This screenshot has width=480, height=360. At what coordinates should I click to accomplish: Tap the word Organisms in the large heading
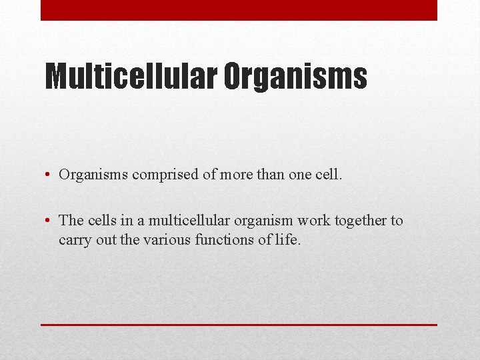295,77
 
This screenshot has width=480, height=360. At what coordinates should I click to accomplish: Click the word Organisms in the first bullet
93,175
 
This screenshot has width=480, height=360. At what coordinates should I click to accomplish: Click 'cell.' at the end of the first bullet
329,175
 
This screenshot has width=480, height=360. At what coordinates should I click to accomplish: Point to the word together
361,221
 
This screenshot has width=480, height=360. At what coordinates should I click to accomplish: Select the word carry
75,240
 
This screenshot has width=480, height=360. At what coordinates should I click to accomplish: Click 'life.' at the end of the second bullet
288,240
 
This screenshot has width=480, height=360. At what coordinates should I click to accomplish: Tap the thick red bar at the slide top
239,10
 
